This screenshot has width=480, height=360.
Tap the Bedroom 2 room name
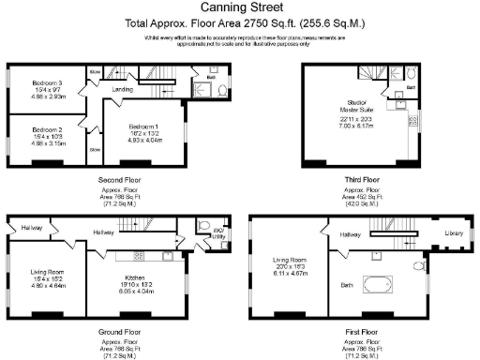(46, 129)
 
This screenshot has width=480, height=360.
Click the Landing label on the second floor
(122, 90)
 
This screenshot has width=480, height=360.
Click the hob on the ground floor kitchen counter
(139, 254)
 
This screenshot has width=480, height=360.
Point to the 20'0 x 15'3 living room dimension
(290, 266)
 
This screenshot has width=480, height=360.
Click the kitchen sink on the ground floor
(166, 254)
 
